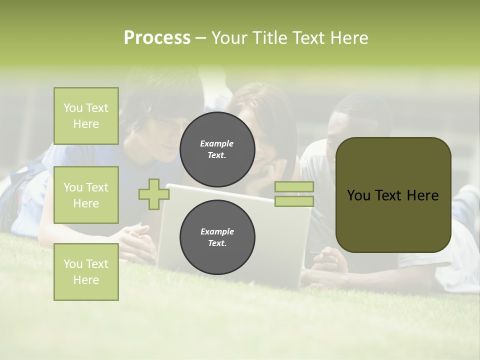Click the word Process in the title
(x=157, y=38)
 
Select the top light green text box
(x=86, y=116)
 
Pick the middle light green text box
(x=86, y=195)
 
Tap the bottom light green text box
(x=86, y=271)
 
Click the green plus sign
(x=153, y=194)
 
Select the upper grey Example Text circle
(x=217, y=149)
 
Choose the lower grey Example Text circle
(x=217, y=237)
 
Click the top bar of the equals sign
(x=294, y=186)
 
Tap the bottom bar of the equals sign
(x=294, y=201)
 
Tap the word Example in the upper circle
(x=216, y=143)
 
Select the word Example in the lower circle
(x=217, y=231)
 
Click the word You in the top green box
(x=73, y=108)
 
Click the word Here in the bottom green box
(x=86, y=280)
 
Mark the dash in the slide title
(x=200, y=38)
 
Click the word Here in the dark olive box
(x=422, y=195)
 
